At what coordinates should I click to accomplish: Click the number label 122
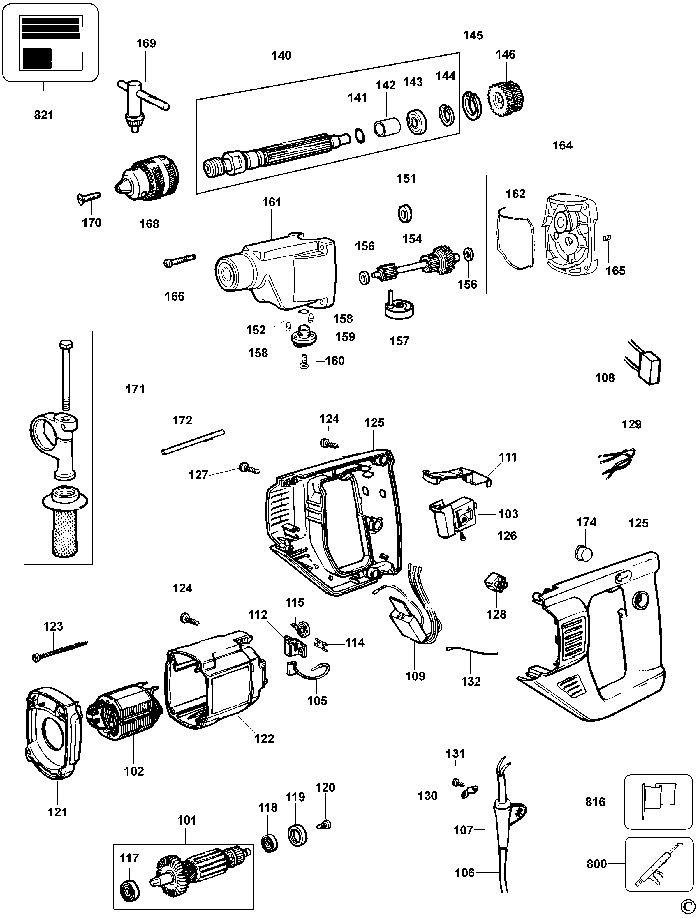pos(264,738)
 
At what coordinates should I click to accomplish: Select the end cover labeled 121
pos(52,734)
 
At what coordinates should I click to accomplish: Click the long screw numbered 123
pos(60,651)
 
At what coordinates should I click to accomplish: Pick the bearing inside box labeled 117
pos(129,890)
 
